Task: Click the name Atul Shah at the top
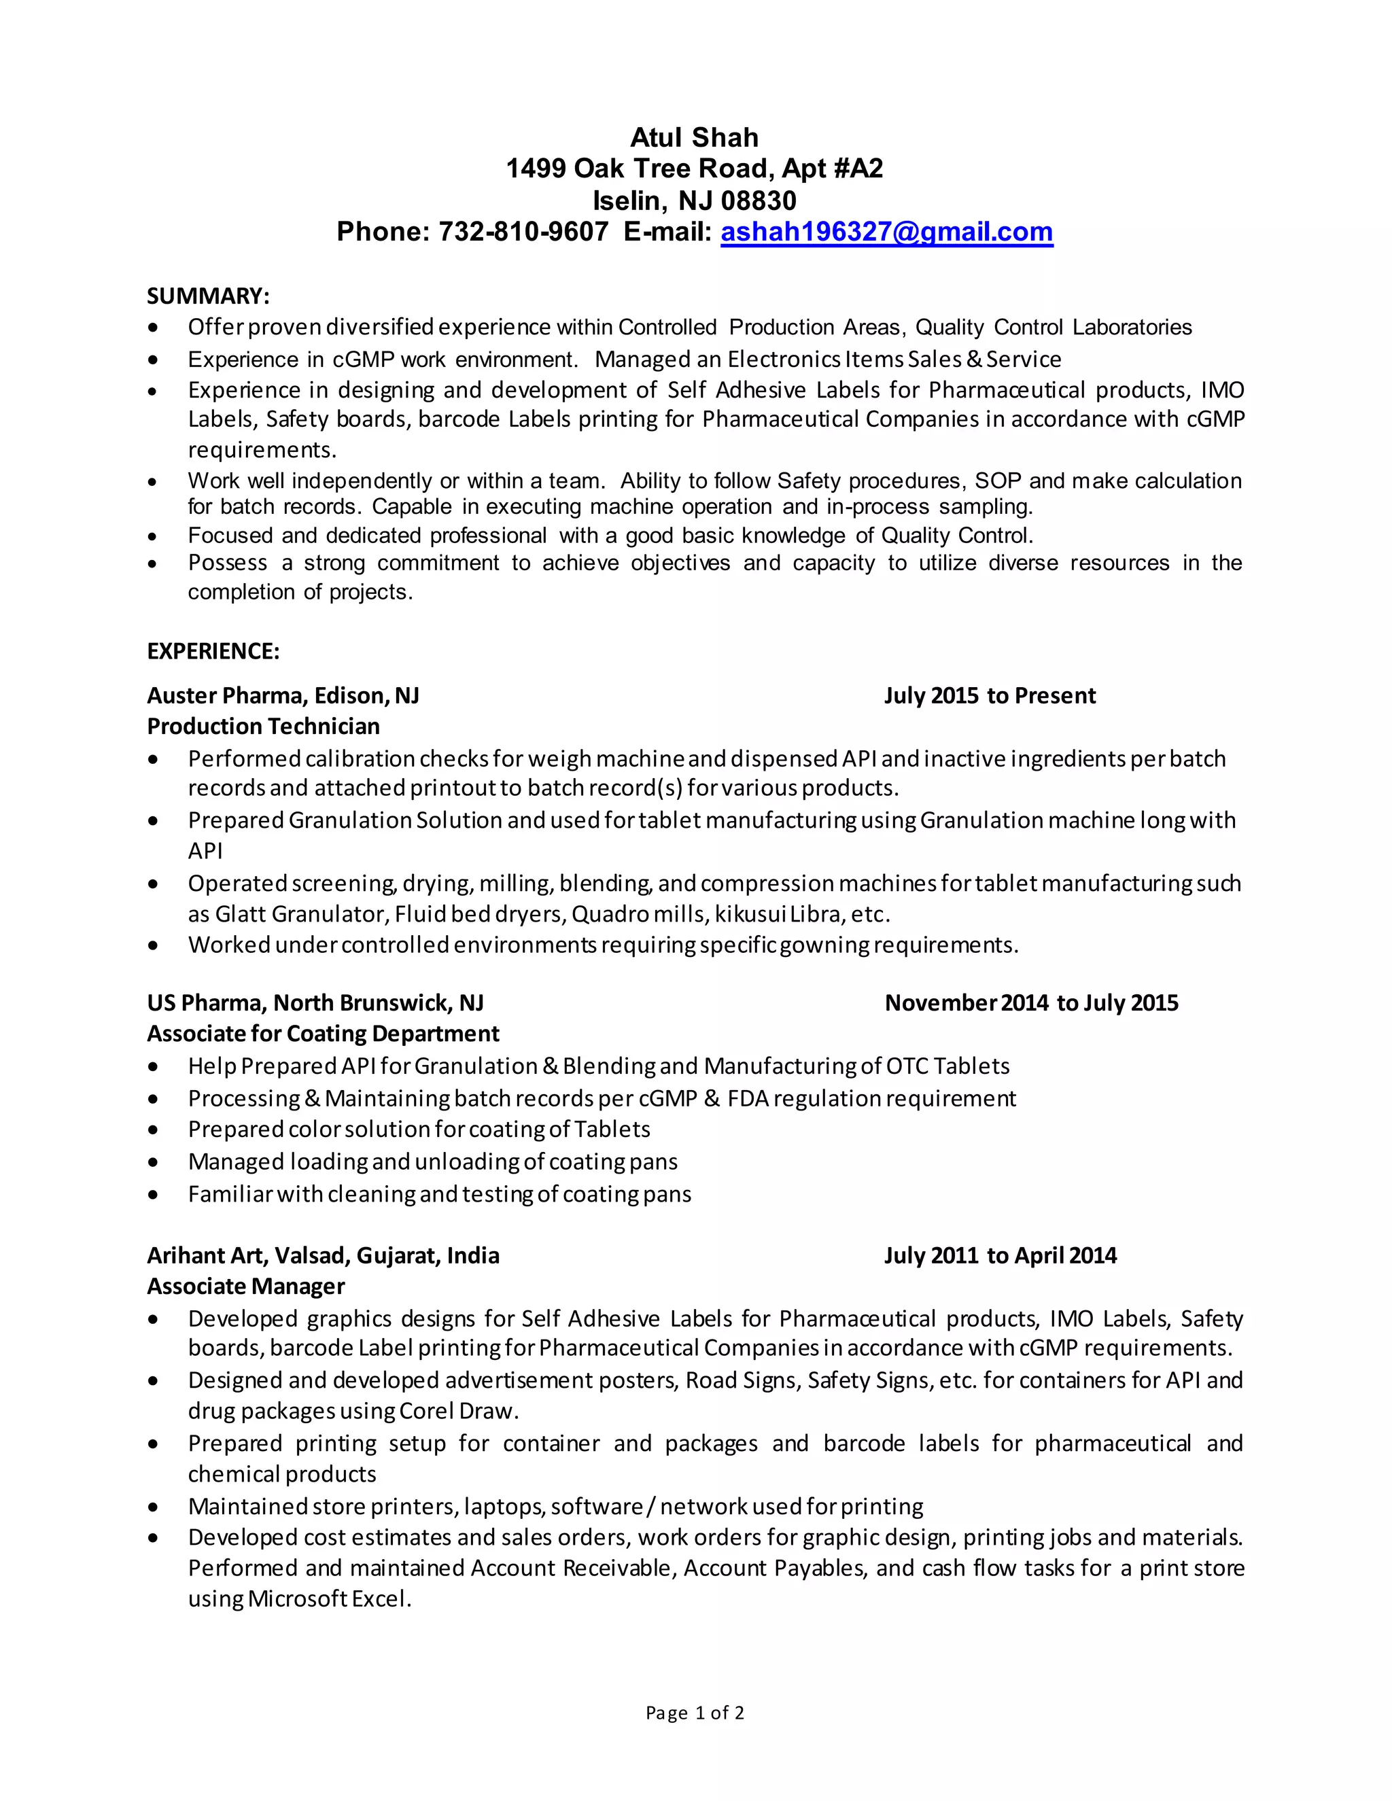click(x=695, y=138)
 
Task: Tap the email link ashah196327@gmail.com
click(x=886, y=232)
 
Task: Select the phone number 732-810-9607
click(x=523, y=232)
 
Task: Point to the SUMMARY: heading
click(x=208, y=296)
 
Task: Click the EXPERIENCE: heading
click(x=213, y=652)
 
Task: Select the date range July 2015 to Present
click(x=990, y=696)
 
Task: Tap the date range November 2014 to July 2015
click(x=1031, y=1004)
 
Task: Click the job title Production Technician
click(x=263, y=727)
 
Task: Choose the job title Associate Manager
click(x=246, y=1287)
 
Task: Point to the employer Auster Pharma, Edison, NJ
click(x=283, y=696)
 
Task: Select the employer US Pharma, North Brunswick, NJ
click(x=315, y=1004)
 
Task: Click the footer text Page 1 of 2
click(x=695, y=1713)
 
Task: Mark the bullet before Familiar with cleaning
click(x=152, y=1195)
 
